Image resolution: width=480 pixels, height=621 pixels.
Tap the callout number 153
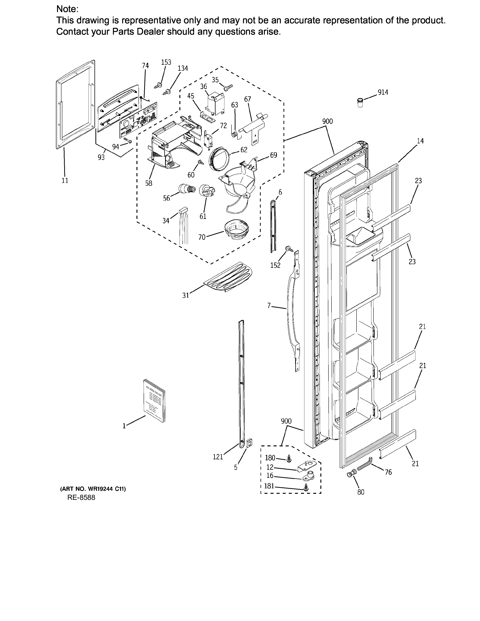pyautogui.click(x=166, y=62)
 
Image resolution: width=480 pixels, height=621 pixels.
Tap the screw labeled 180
pyautogui.click(x=289, y=458)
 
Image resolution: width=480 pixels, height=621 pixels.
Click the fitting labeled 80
pyautogui.click(x=351, y=474)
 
